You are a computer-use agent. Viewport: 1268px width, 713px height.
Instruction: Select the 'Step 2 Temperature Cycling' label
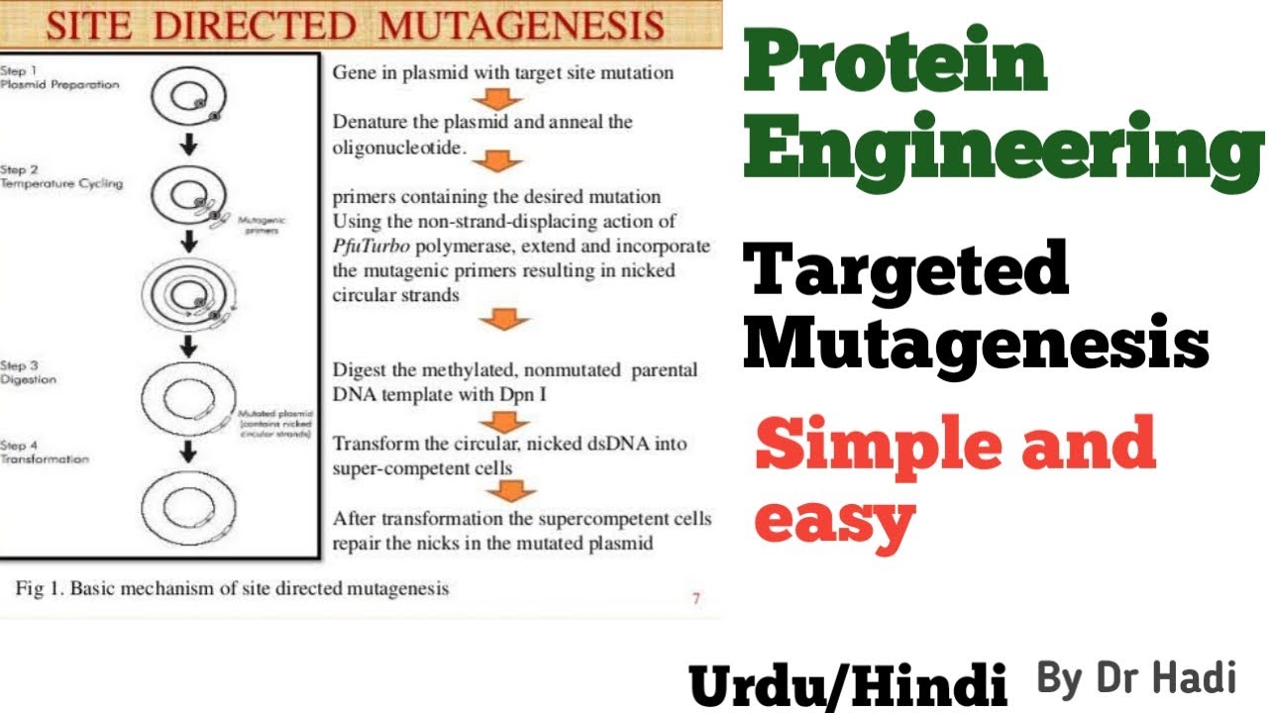point(60,177)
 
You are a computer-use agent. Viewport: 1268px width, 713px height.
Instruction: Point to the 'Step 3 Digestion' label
point(29,372)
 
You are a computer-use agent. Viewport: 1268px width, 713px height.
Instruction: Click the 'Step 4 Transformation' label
point(45,453)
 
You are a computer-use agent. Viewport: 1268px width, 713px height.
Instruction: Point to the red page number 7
point(696,598)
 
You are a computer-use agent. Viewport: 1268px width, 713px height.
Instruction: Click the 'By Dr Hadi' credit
point(1136,679)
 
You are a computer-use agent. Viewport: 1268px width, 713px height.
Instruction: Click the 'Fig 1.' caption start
point(41,589)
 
